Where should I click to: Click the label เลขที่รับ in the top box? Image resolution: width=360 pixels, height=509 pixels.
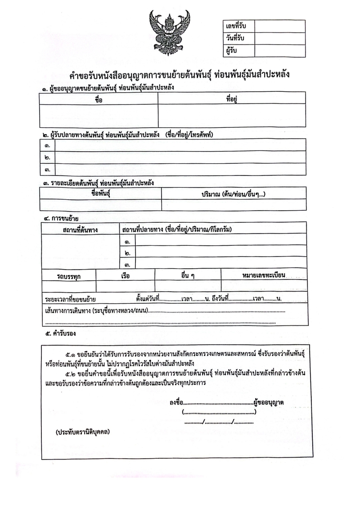tap(238, 26)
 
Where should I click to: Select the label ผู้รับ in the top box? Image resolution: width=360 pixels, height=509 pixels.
tap(232, 50)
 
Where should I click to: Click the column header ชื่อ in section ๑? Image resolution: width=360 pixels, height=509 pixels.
tap(99, 99)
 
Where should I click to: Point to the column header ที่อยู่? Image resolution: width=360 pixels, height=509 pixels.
tap(232, 99)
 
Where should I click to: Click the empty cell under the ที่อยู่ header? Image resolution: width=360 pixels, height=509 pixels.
tap(232, 116)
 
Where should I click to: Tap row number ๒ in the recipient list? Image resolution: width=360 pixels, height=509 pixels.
tap(47, 158)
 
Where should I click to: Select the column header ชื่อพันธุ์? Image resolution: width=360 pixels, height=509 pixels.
tap(101, 194)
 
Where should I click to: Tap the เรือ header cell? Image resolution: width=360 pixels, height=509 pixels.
tap(126, 275)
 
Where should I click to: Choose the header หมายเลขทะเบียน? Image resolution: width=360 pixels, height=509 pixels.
tap(263, 275)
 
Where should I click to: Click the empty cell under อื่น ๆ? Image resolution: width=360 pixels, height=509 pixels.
tap(188, 286)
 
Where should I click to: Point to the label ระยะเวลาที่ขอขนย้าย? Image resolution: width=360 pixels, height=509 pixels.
tap(73, 299)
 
